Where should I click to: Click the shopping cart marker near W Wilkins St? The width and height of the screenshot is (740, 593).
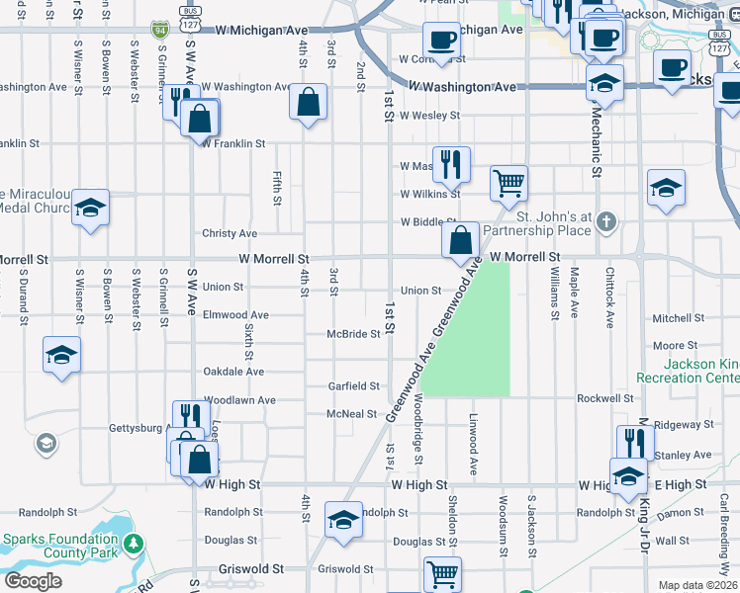[509, 182]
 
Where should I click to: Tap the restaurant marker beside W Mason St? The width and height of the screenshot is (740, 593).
[451, 164]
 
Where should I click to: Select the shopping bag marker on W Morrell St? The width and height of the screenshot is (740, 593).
[461, 240]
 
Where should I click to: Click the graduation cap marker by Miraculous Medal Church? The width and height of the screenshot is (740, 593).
[90, 208]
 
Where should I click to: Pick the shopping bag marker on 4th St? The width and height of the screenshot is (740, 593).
[309, 102]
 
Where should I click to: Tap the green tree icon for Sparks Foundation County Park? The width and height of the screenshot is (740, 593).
[133, 544]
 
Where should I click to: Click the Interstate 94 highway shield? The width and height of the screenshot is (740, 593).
[159, 32]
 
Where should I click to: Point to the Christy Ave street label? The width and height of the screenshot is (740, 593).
[230, 234]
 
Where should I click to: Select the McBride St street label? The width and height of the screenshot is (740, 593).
[354, 334]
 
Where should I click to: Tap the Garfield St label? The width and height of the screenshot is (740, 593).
[354, 386]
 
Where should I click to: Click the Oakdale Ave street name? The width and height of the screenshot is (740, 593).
[233, 372]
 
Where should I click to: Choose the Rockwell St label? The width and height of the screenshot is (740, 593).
[605, 398]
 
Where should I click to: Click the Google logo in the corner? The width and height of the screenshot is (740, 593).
[33, 580]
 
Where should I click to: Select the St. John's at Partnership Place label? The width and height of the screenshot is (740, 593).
[554, 223]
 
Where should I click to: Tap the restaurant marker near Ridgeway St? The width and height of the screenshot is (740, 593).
[634, 442]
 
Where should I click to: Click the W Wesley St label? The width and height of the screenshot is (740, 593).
[429, 116]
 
